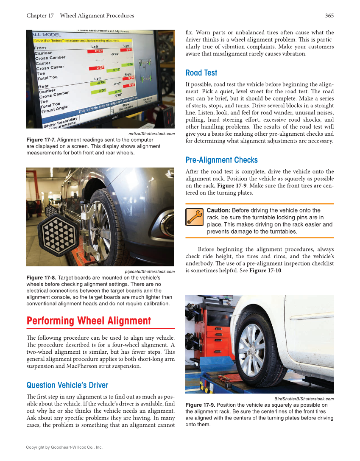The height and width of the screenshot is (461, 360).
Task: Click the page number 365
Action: click(x=329, y=16)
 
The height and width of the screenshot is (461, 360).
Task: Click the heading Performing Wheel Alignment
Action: click(x=89, y=321)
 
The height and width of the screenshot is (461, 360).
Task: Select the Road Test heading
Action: click(x=201, y=73)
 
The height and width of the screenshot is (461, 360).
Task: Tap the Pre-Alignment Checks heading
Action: click(x=221, y=160)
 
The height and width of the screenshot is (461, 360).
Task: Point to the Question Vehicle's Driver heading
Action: click(x=67, y=385)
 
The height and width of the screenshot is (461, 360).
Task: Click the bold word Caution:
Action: click(x=218, y=210)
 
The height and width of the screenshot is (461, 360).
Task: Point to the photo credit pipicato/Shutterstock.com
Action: click(x=150, y=271)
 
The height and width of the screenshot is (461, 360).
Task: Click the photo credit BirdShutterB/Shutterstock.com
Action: click(x=304, y=399)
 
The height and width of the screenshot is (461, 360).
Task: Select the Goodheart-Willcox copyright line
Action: click(x=64, y=447)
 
